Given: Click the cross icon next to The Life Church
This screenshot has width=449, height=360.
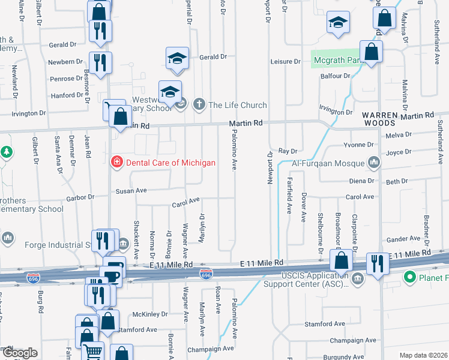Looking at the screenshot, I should coord(199,105).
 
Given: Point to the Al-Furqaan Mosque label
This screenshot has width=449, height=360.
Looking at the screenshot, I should coord(328,163).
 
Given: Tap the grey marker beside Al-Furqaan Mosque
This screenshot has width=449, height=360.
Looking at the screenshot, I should coord(375,162).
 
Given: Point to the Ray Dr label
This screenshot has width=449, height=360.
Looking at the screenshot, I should coord(288,151).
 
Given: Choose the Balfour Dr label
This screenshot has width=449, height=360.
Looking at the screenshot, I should coord(336,76).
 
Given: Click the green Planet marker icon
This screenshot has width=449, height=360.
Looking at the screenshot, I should coord(411,277).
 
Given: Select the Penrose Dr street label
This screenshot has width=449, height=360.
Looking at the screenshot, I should coord(67,79).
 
